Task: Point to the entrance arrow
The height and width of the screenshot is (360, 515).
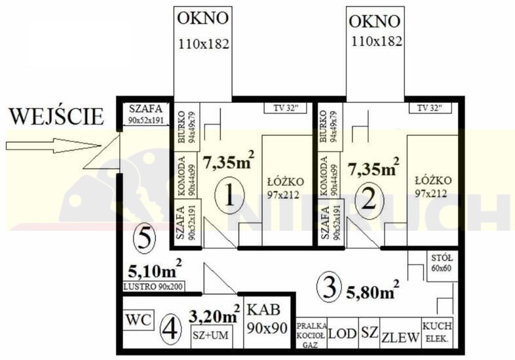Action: pos(53,146)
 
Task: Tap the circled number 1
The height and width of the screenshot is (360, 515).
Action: pos(229,195)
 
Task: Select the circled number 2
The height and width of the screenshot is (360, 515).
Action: pos(368,200)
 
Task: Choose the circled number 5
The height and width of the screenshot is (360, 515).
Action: pos(145,238)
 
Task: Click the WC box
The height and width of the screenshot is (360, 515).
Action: pos(139,319)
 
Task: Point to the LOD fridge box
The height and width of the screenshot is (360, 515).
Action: pos(343,333)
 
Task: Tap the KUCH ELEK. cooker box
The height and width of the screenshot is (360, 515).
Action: pos(437,333)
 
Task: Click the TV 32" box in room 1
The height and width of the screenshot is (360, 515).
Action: pos(286,108)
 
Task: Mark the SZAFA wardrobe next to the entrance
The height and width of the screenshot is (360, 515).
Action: pos(146,114)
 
